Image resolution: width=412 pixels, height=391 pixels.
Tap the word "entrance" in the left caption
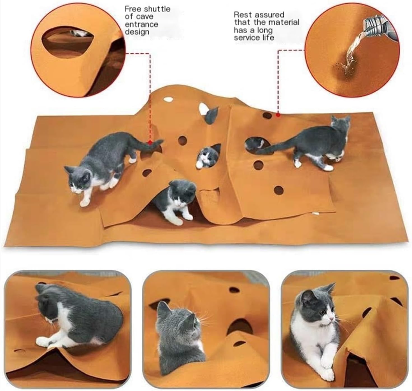tap(141, 24)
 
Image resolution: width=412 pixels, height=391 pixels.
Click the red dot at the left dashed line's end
tap(150, 142)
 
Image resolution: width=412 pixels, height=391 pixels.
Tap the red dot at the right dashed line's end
tap(278, 115)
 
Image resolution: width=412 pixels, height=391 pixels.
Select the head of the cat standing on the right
tap(340, 124)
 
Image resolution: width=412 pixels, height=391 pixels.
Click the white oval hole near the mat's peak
tap(169, 99)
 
